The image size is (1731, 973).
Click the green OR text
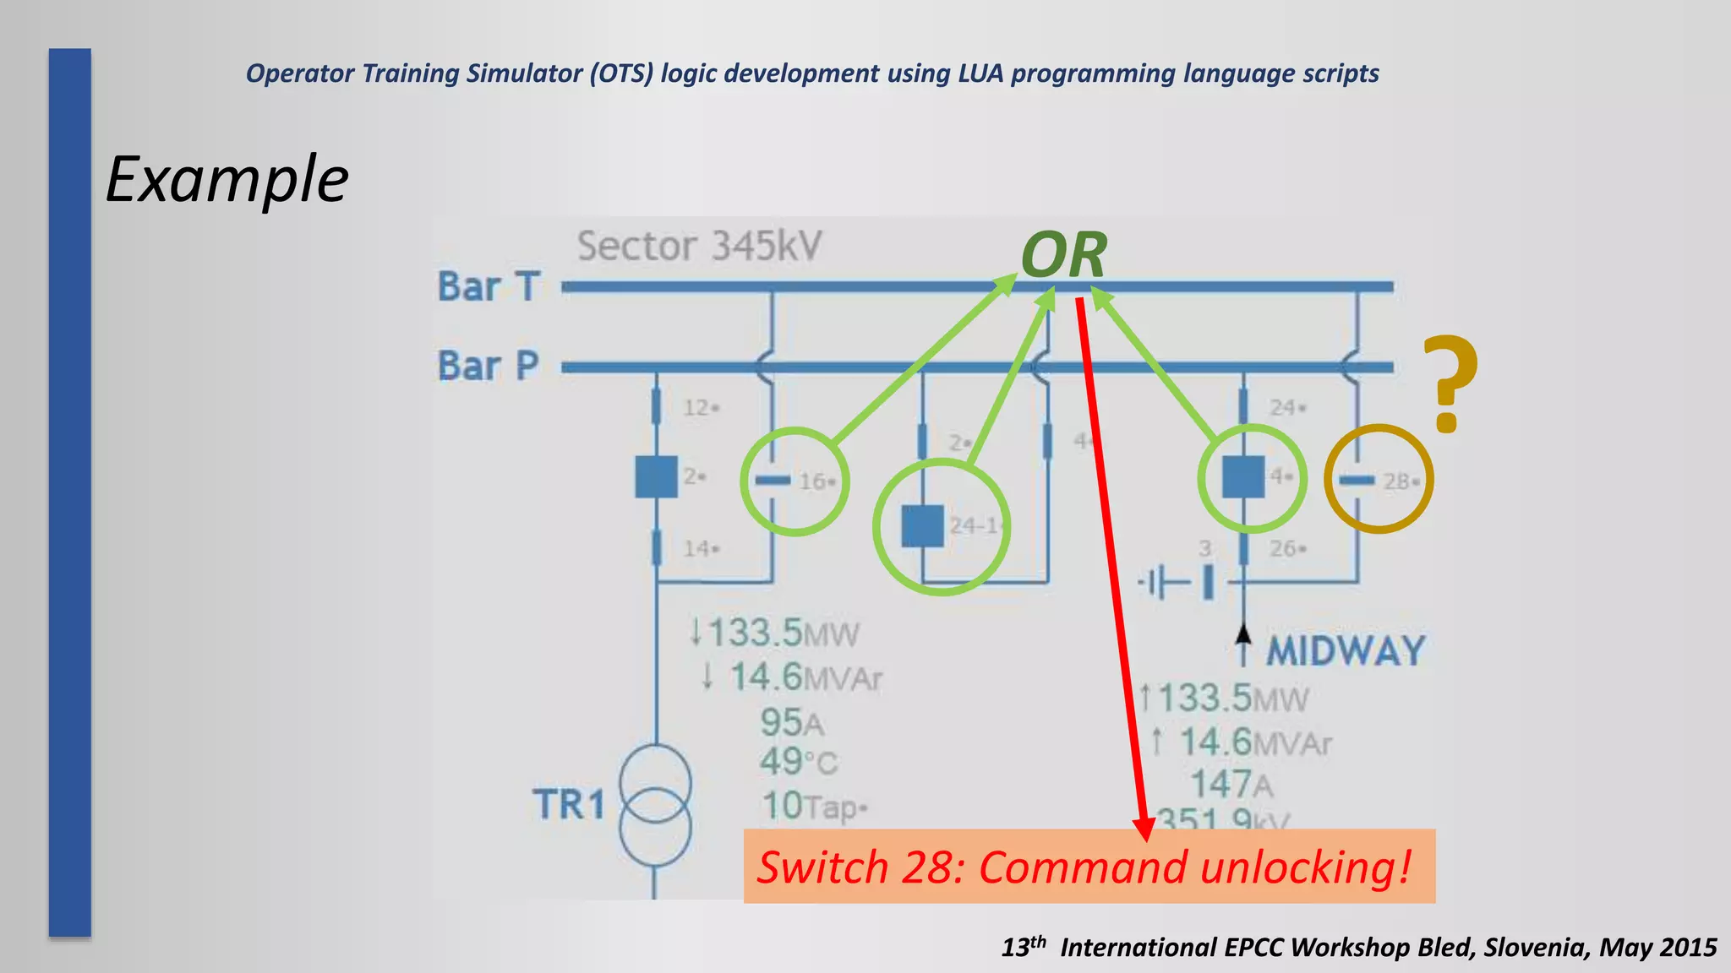1063,255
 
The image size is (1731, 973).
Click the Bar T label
489,287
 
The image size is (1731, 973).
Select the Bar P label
489,367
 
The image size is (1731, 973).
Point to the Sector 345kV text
699,247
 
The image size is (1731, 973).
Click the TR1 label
569,804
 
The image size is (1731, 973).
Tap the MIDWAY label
1346,651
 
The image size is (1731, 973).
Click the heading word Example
227,180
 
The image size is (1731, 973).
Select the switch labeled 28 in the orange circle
1357,481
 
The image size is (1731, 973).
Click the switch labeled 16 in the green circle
772,481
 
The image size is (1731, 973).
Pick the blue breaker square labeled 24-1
922,526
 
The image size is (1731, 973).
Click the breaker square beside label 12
656,476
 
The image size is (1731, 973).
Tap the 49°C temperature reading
798,762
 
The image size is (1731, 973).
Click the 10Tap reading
814,806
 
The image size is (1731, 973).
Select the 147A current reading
1231,785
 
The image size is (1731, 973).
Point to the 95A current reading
791,723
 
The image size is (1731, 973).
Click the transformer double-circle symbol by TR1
655,805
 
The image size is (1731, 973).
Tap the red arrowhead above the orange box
1144,829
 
